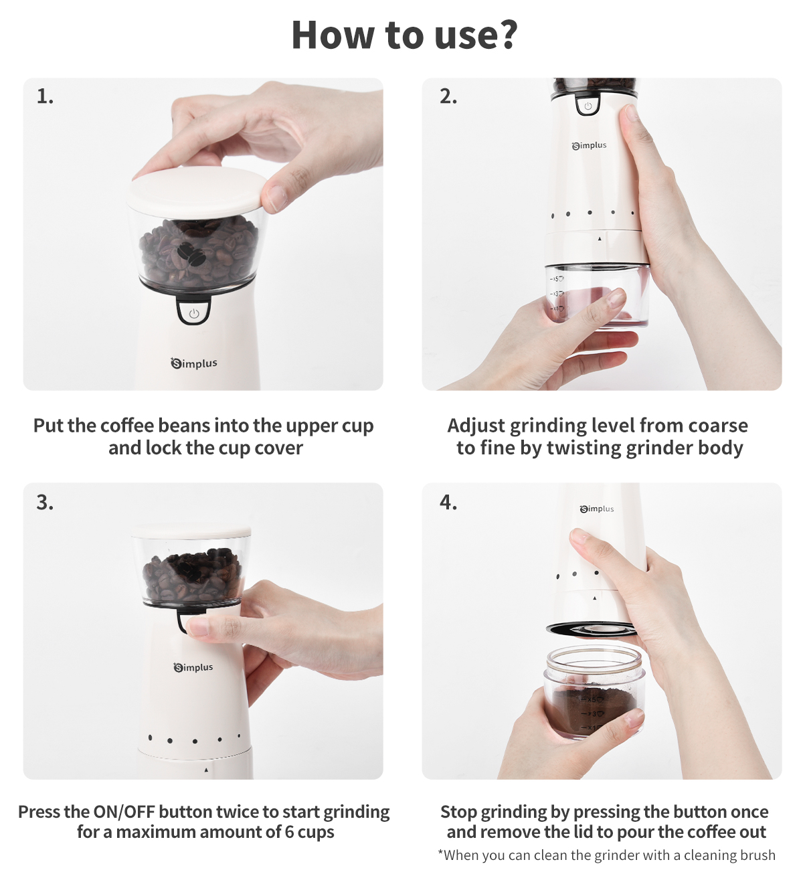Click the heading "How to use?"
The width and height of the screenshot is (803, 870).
coord(404,35)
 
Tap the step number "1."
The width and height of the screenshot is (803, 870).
coord(45,96)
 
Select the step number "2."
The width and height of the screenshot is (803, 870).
coord(448,96)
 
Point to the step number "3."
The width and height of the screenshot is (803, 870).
coord(45,502)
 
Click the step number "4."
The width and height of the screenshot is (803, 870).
coord(448,502)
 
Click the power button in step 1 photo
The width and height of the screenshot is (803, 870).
coord(193,313)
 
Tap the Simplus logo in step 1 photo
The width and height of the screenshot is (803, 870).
coord(194,363)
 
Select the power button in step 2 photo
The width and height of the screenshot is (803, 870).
coord(588,106)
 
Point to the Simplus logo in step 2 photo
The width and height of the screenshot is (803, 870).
coord(590,146)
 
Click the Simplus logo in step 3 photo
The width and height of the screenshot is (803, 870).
coord(193,667)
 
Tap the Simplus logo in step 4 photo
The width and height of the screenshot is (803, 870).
coord(597,509)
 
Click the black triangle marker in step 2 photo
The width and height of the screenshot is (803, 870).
coord(600,238)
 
